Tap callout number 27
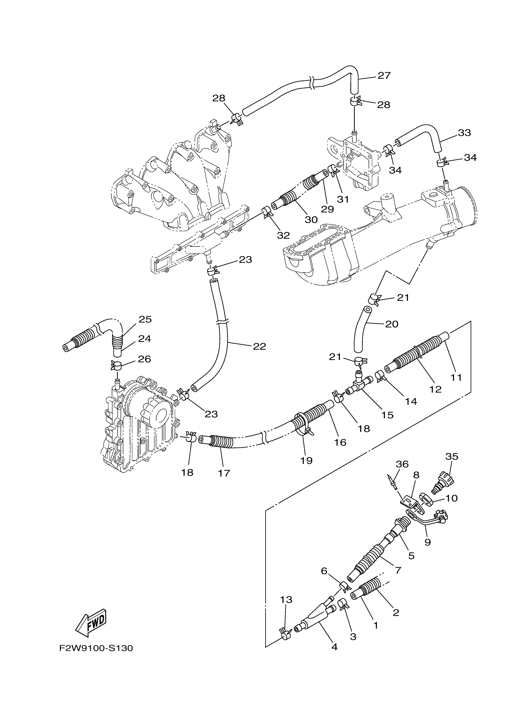pyautogui.click(x=384, y=75)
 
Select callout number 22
pyautogui.click(x=259, y=346)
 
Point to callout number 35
pyautogui.click(x=452, y=456)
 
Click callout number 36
pyautogui.click(x=402, y=464)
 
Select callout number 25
pyautogui.click(x=145, y=319)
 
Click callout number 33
pyautogui.click(x=464, y=133)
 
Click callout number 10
pyautogui.click(x=451, y=498)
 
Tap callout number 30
pyautogui.click(x=311, y=220)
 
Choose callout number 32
pyautogui.click(x=283, y=235)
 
